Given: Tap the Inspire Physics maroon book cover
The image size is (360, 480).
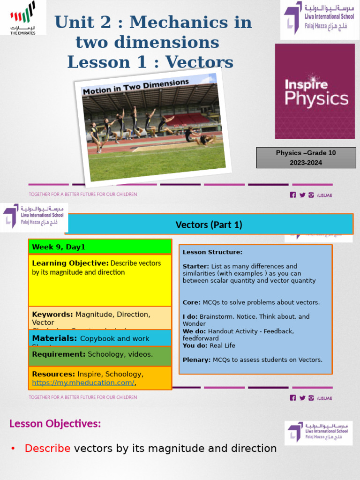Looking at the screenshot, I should click(x=315, y=91).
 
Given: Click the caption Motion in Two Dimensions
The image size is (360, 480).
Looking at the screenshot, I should click(x=135, y=87).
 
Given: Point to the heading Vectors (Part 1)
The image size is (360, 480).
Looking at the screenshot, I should click(x=209, y=225).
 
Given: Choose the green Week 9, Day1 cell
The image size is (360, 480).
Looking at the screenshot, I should click(x=100, y=247).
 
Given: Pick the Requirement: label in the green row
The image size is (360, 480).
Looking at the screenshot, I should click(x=59, y=354).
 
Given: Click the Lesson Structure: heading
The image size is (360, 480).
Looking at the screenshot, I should click(x=212, y=252).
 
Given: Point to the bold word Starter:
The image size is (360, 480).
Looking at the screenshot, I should click(x=195, y=266).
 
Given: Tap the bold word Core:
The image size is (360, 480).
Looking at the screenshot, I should click(x=191, y=302).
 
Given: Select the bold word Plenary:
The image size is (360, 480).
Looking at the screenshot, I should click(x=196, y=360).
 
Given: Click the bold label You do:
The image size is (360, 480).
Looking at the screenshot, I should click(x=195, y=345).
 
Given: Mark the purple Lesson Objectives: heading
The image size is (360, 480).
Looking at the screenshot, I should click(x=55, y=424).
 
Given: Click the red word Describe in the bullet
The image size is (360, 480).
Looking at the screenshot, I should click(x=47, y=449).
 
